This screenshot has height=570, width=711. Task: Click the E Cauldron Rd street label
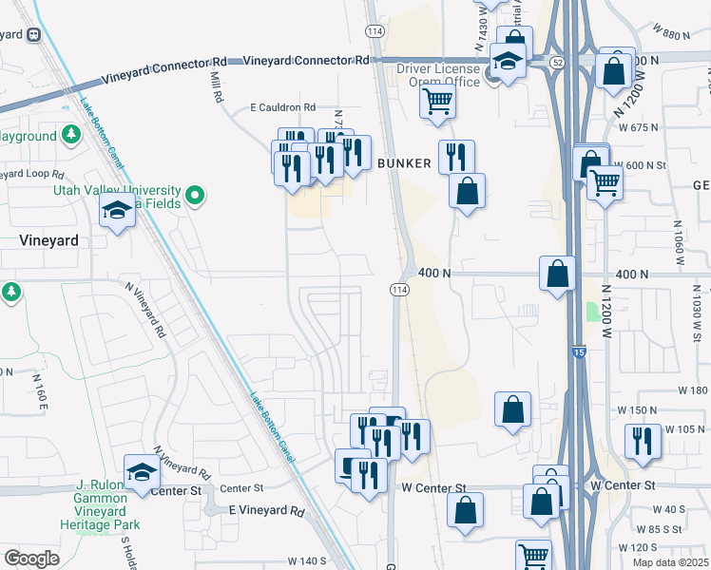coord(282,108)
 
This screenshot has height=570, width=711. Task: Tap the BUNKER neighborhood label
coord(405,163)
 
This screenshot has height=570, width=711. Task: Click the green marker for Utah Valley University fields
coord(196,196)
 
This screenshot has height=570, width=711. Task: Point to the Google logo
coord(31,559)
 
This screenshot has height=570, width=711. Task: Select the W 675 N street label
coord(638,127)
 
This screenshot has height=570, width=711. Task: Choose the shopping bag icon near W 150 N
coord(512,409)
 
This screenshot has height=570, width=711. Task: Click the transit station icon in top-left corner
coord(34,34)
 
